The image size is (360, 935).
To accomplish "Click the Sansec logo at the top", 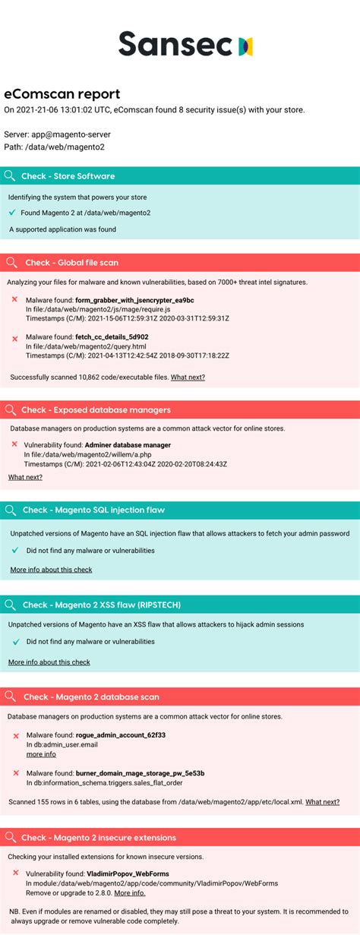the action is (186, 45).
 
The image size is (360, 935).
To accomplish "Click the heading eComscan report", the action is (62, 94).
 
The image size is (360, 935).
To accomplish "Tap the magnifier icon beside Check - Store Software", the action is (10, 176).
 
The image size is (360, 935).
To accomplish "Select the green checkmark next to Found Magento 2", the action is (12, 213).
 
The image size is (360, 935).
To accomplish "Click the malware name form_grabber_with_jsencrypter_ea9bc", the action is (134, 300).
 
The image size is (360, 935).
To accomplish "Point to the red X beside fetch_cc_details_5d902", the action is (15, 337).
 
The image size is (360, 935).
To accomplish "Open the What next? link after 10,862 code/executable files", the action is (188, 377).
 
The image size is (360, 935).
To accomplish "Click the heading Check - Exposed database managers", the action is (96, 410).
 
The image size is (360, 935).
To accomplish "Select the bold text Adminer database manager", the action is (128, 444).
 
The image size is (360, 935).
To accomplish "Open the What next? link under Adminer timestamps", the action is (25, 477).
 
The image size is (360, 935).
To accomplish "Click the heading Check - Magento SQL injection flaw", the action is (93, 510).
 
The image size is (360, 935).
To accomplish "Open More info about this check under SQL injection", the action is (51, 569).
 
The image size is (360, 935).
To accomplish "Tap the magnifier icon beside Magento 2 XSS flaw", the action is (10, 605).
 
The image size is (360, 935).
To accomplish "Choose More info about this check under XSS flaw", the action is (49, 662).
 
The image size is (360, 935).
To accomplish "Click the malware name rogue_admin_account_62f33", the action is (120, 734).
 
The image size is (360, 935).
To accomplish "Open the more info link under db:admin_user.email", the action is (41, 754).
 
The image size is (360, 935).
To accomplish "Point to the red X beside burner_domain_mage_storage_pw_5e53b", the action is (16, 773).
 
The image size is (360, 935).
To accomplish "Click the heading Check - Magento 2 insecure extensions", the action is (99, 837).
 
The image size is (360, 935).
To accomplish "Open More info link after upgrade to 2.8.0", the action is (130, 892).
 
